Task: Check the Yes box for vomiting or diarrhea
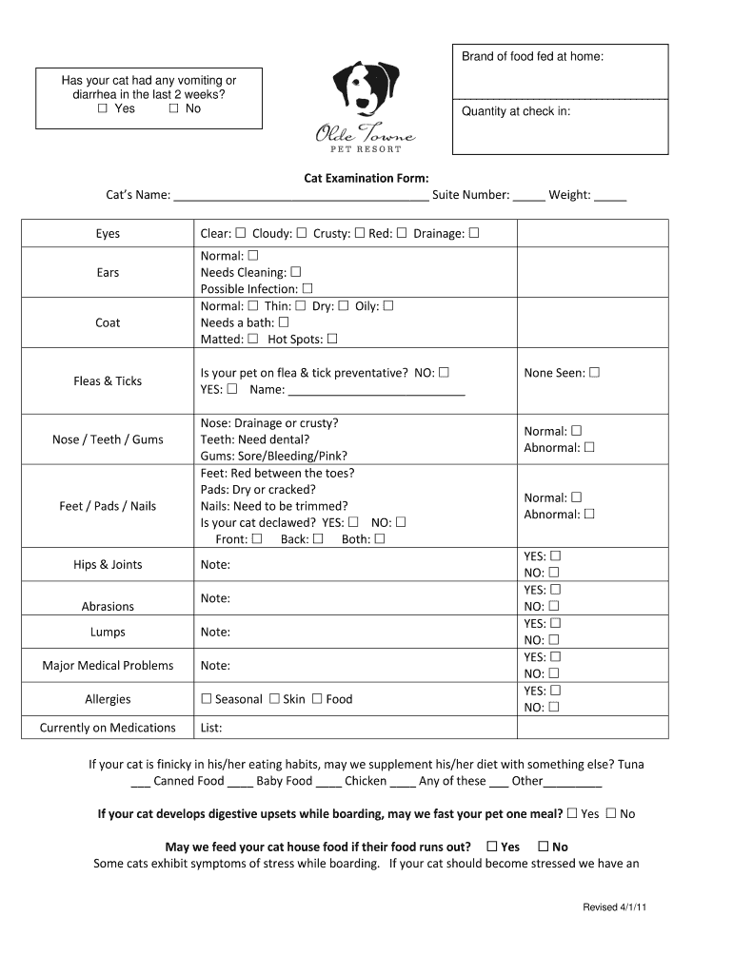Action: point(102,108)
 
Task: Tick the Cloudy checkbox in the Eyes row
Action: point(301,233)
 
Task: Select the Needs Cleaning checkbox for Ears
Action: point(295,272)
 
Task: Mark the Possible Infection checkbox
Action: point(307,288)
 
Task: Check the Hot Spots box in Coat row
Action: point(332,339)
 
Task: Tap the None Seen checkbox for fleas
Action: point(594,373)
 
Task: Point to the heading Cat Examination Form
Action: point(366,178)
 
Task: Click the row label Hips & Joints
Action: point(108,565)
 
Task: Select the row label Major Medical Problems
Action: point(108,666)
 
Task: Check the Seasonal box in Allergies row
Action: point(206,699)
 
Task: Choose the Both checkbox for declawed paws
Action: point(380,539)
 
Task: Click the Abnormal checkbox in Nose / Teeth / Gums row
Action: point(589,447)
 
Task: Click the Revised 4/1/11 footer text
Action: point(615,907)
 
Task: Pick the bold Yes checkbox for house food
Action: point(492,847)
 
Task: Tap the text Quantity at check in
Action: point(516,111)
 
